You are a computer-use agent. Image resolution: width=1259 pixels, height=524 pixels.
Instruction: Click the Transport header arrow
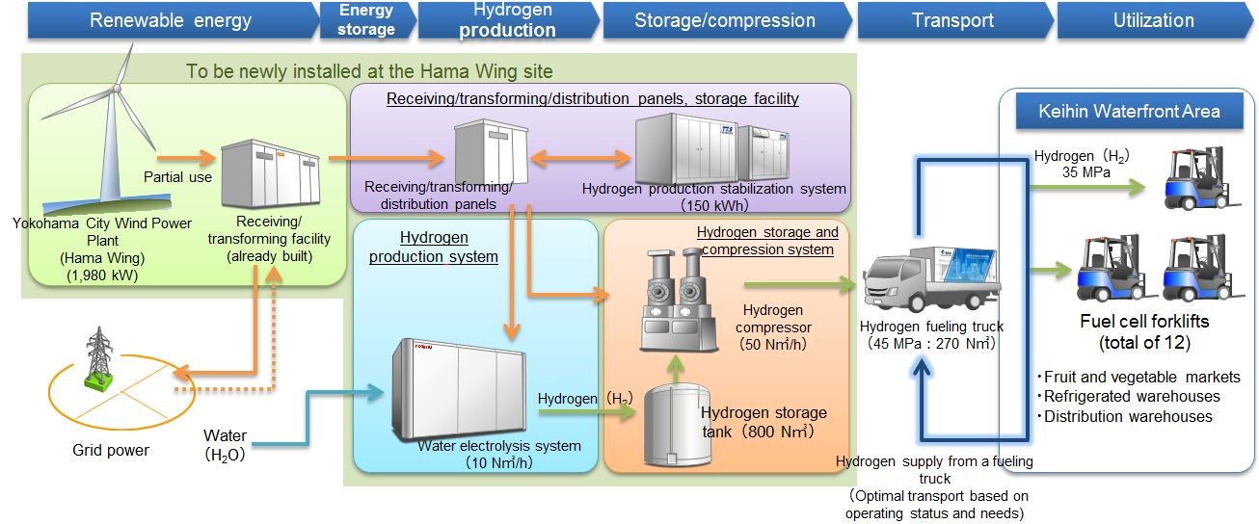coord(951,20)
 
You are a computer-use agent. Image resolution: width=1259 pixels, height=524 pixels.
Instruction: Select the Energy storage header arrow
coord(366,20)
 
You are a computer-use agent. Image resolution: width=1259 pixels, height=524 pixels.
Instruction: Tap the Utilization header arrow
coord(1152,20)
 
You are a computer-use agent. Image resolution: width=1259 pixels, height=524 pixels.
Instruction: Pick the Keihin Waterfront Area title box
coord(1129,111)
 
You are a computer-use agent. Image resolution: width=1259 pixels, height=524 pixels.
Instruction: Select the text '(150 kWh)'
coord(714,205)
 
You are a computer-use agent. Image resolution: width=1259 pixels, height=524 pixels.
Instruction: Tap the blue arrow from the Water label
coord(318,414)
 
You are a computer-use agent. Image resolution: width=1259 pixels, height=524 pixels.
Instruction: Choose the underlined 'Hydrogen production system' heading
coord(448,247)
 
